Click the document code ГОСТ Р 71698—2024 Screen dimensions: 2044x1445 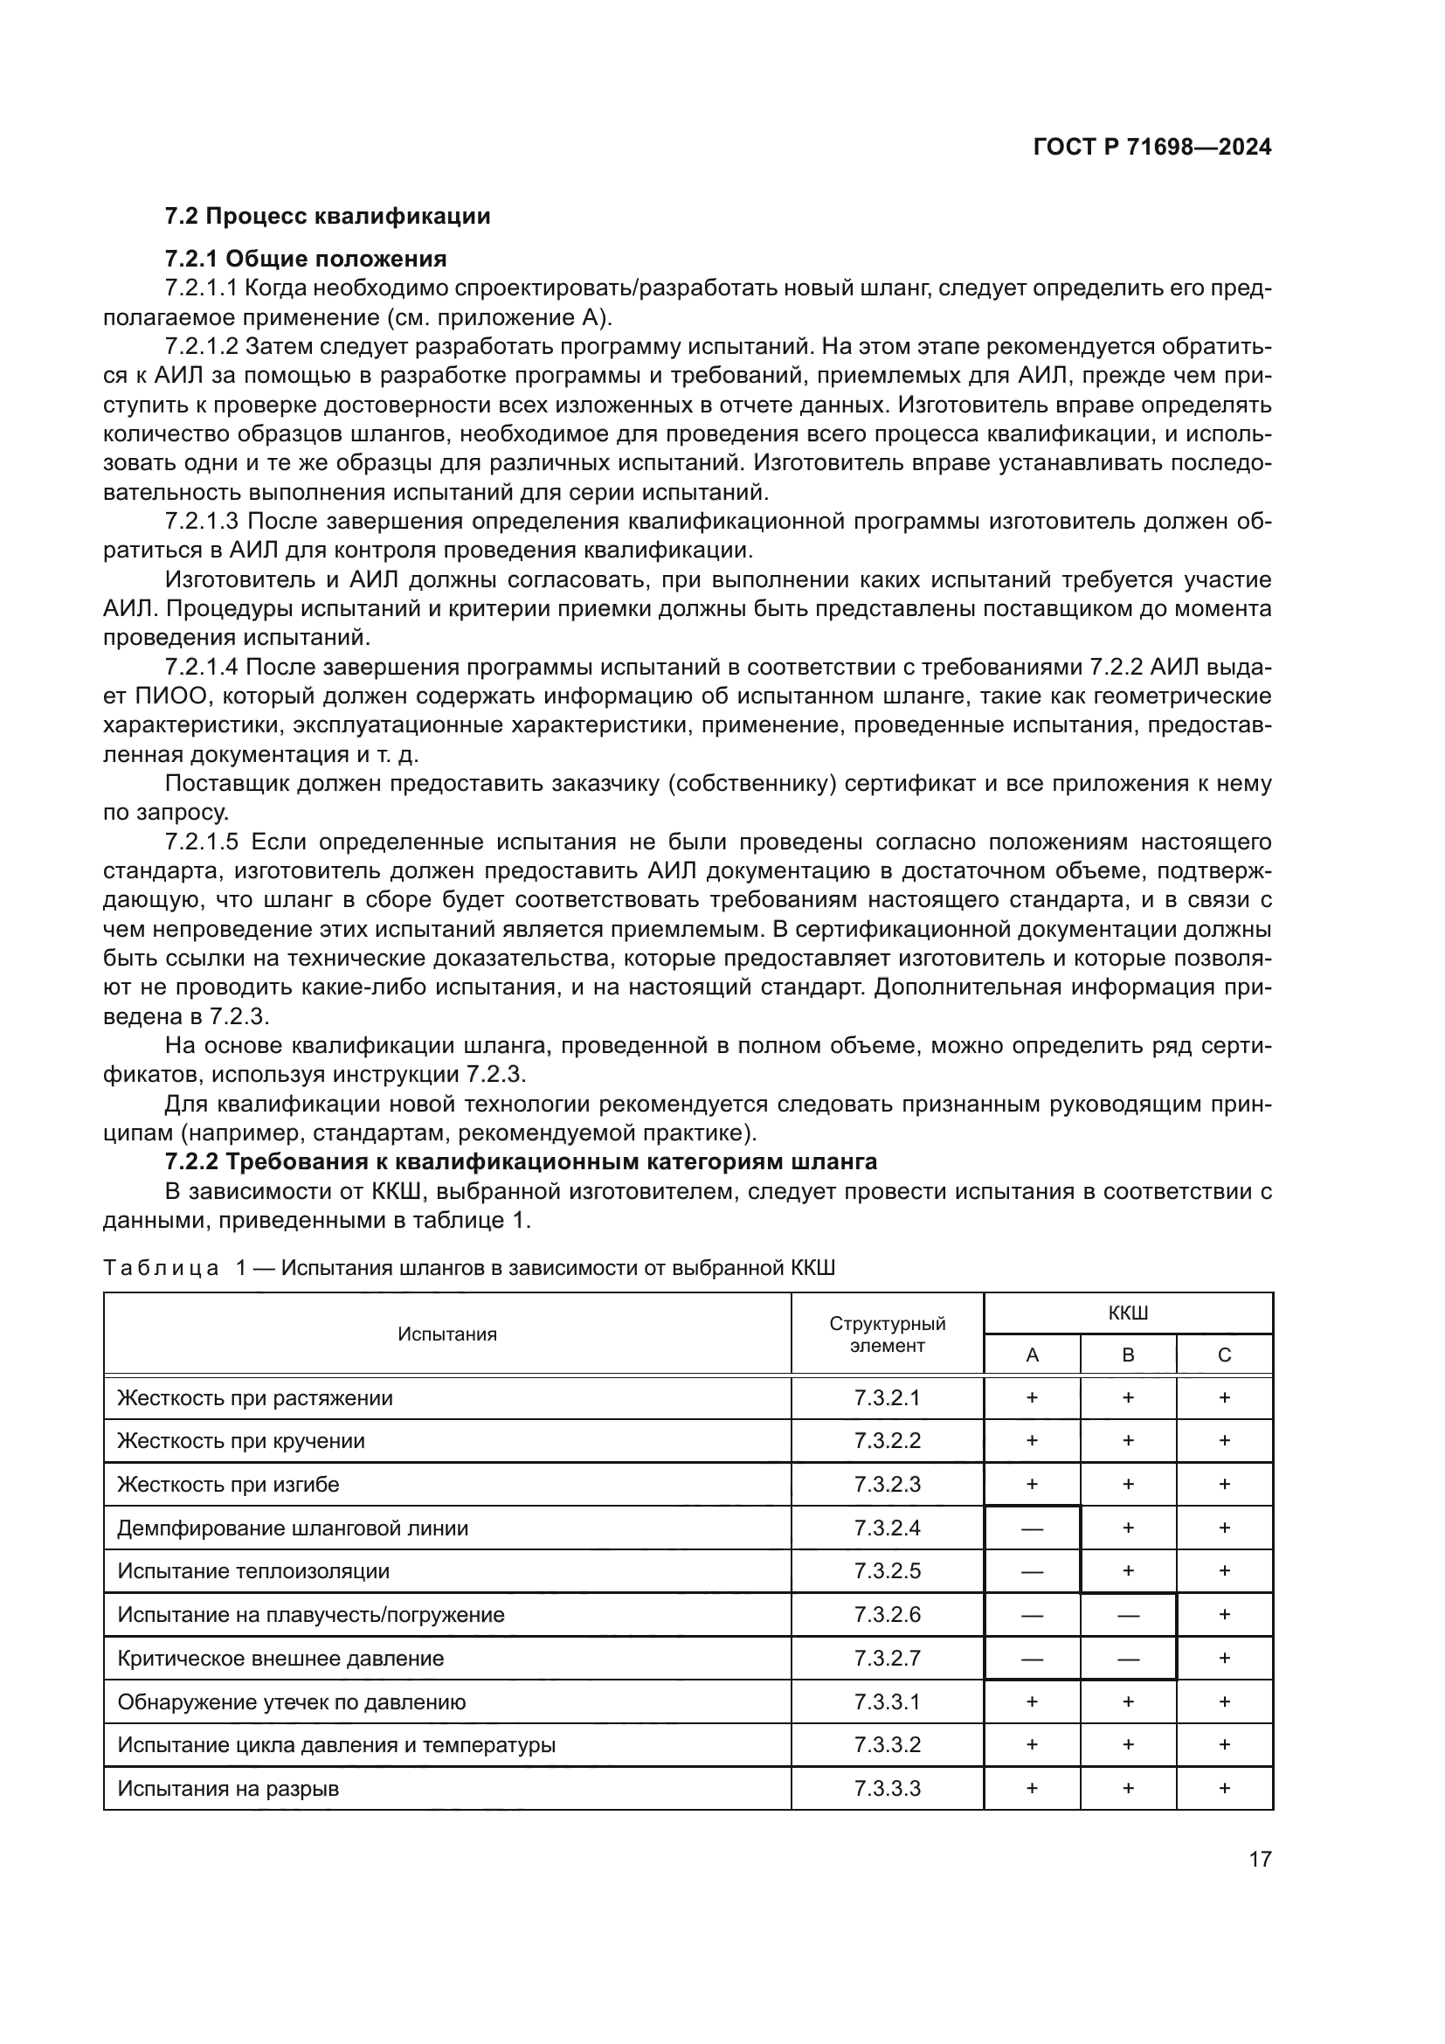tap(1152, 147)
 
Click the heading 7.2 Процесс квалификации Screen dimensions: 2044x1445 tap(328, 217)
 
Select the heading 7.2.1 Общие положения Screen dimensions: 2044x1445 tap(305, 259)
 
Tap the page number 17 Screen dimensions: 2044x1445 tap(1260, 1859)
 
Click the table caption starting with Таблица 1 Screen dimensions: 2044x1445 tap(469, 1268)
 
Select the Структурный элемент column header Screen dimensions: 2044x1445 tap(886, 1334)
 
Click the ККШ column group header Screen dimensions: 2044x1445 tap(1127, 1313)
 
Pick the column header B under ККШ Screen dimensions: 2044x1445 tap(1127, 1355)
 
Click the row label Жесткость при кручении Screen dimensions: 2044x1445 tap(241, 1441)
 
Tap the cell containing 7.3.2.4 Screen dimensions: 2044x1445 tap(886, 1528)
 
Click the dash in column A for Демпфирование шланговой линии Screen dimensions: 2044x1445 tap(1031, 1528)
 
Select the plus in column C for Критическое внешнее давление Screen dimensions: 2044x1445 tap(1223, 1658)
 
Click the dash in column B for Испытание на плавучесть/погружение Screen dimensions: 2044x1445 tap(1127, 1615)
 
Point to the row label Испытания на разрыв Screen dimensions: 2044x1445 tap(228, 1789)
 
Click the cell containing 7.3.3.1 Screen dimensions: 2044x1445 tap(886, 1702)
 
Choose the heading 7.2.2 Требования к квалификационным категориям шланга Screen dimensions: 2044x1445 tap(521, 1161)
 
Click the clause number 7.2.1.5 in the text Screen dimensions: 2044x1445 tap(202, 842)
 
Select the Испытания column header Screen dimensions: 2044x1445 tap(446, 1334)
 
